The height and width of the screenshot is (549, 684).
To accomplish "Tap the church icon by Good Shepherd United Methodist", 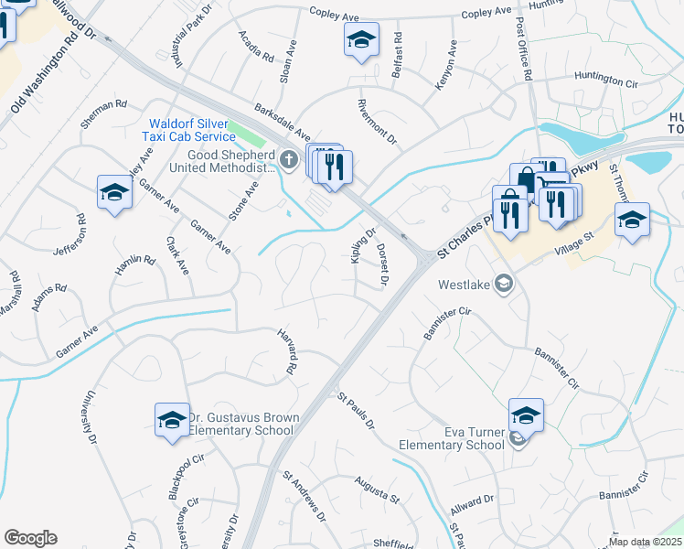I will point(290,162).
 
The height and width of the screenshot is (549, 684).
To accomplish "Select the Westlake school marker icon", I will point(501,284).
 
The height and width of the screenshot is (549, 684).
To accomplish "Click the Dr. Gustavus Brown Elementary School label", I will point(243,424).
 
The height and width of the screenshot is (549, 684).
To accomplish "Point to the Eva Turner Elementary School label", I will point(452,438).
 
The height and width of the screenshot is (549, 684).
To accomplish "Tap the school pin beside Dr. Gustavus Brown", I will point(171,420).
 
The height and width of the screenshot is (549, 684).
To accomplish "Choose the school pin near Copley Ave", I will point(361,40).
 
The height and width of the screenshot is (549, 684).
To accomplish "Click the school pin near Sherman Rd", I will point(114,192).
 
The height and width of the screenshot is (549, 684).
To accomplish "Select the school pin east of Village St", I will point(632,221).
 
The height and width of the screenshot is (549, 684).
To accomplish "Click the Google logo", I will point(30,538).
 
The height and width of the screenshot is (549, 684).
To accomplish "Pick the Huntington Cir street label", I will point(605,80).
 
